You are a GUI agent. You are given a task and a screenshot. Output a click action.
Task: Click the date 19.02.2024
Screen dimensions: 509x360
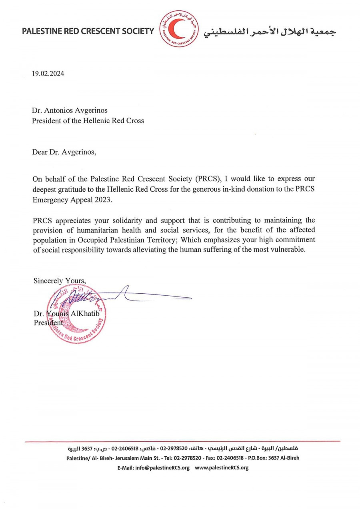pos(48,74)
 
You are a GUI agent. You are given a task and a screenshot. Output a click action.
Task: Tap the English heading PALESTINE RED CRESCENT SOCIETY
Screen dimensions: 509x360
pos(88,31)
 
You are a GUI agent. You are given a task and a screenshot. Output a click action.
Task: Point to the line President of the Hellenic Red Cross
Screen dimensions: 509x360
pos(88,120)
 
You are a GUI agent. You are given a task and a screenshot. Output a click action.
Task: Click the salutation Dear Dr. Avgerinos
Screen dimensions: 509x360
pos(64,152)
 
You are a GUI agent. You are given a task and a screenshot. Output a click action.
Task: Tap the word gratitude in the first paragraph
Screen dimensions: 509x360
pos(70,189)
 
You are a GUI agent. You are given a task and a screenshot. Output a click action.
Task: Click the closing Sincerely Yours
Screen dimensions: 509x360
pos(59,281)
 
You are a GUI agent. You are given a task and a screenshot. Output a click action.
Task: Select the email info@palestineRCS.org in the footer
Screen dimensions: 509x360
pos(162,467)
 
